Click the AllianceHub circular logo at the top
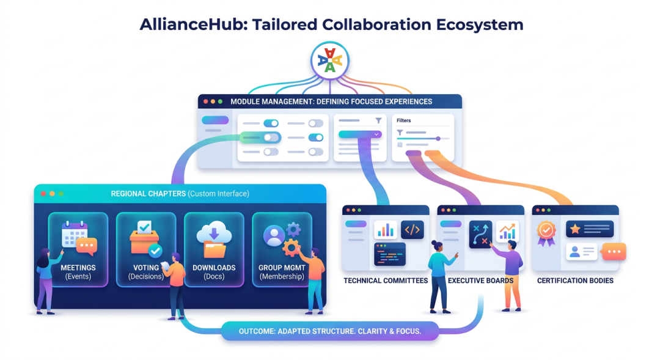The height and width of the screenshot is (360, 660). [330, 61]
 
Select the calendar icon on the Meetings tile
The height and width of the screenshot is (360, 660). [75, 234]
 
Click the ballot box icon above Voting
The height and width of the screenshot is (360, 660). [144, 238]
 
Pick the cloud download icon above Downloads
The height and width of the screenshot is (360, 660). [214, 239]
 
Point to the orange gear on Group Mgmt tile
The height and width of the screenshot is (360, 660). [291, 248]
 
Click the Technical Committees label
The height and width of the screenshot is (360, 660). [386, 281]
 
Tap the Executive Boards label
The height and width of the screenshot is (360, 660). [481, 281]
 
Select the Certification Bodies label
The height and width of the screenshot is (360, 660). [575, 281]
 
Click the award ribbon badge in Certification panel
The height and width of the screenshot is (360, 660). [546, 233]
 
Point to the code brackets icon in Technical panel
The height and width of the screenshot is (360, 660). [412, 230]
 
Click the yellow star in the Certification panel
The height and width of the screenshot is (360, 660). [575, 229]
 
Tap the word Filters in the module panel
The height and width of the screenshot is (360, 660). [404, 120]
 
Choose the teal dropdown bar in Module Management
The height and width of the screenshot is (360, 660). [360, 134]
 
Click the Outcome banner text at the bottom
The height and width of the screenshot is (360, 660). [330, 331]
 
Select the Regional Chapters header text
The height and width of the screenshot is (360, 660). [180, 194]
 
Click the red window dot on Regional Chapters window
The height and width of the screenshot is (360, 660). [43, 194]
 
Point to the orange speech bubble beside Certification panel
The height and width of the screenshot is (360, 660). [614, 251]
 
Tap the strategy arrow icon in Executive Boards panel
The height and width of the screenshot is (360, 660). [480, 234]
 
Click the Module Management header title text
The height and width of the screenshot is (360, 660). [331, 102]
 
